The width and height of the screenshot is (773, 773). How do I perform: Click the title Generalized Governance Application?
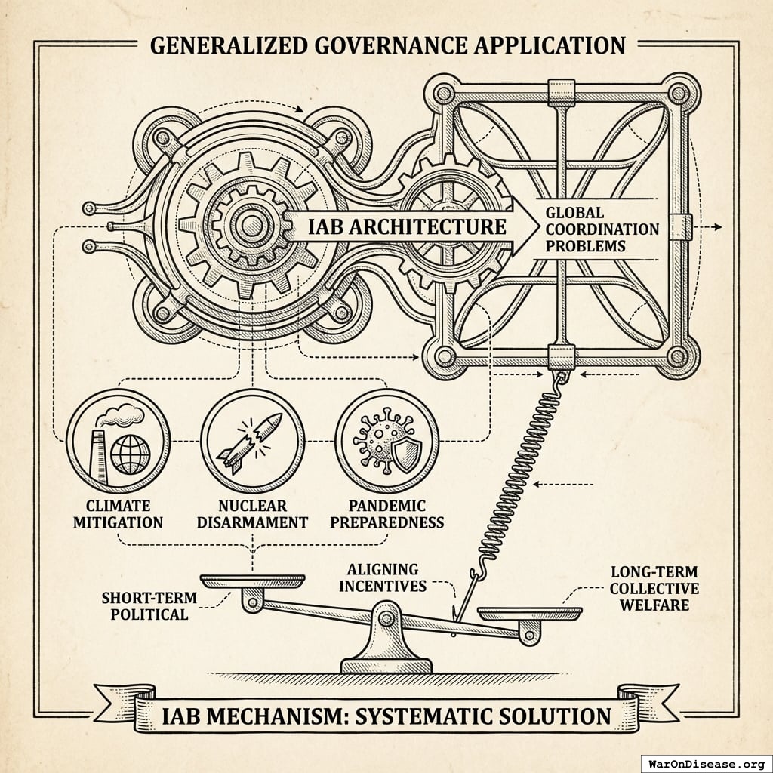click(386, 45)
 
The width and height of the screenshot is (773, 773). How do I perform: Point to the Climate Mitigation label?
click(118, 513)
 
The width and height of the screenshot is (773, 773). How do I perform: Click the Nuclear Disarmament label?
click(252, 513)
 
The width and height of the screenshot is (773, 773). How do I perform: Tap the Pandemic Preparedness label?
click(386, 513)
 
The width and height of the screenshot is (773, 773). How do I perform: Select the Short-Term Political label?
click(149, 605)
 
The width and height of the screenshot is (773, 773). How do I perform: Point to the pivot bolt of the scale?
click(387, 620)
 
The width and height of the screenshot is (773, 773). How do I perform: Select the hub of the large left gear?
click(247, 223)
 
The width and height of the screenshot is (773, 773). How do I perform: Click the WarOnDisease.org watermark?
click(705, 762)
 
